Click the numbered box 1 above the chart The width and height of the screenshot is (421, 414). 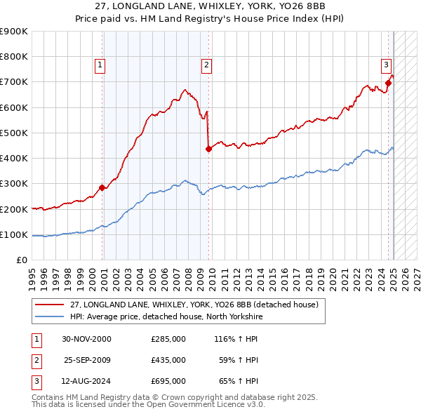click(100, 65)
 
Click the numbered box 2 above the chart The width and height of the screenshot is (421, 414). click(207, 65)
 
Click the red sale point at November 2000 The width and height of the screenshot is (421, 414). click(102, 187)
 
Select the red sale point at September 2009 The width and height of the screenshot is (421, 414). click(208, 149)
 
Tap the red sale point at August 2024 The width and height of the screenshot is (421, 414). click(388, 83)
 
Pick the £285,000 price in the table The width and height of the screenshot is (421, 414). click(168, 339)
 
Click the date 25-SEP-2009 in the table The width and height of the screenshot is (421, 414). click(87, 360)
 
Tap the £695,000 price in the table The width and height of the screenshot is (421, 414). click(168, 381)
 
